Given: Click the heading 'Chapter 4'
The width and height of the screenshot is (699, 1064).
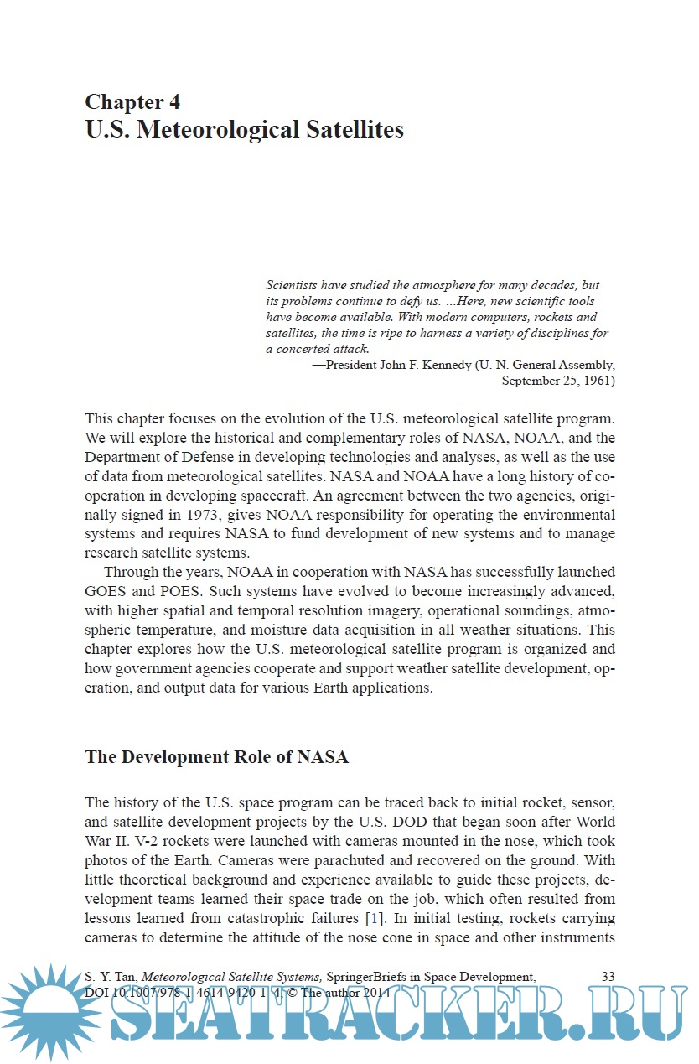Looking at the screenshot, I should [x=132, y=102].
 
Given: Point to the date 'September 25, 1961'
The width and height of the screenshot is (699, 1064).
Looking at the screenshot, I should [x=558, y=381].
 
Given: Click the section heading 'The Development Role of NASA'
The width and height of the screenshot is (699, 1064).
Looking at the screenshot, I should [x=216, y=757].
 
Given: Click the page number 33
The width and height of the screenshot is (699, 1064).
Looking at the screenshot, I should [x=608, y=976].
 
